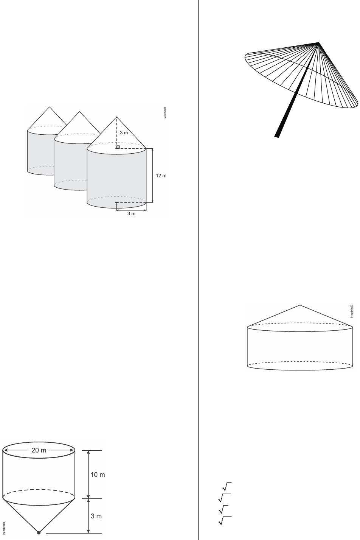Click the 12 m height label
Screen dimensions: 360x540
[161, 176]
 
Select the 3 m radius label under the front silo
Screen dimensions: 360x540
[131, 213]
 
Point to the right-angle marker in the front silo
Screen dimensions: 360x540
[118, 147]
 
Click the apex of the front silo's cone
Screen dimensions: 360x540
[117, 117]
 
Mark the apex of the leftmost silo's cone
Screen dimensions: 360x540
[49, 107]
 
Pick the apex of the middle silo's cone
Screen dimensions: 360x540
[79, 112]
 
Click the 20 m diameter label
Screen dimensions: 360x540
[39, 450]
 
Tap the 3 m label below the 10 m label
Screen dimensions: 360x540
[97, 516]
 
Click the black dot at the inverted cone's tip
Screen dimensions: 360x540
[39, 533]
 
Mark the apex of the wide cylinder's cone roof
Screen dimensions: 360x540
[300, 305]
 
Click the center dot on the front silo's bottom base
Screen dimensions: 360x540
[116, 203]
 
